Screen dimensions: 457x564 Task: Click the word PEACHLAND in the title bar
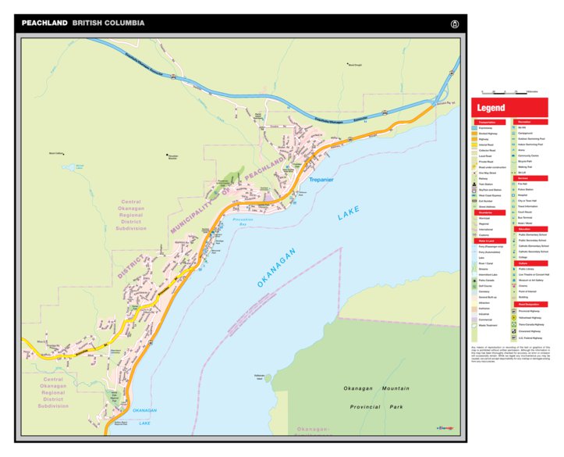44,23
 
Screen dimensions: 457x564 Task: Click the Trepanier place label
321,180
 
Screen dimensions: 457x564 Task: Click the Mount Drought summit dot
348,64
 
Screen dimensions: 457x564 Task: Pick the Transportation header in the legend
490,123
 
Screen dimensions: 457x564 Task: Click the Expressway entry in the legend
490,128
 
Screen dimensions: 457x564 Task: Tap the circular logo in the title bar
454,23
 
